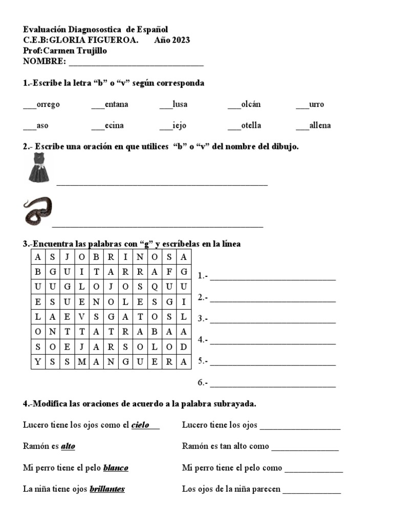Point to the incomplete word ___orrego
click(x=41, y=104)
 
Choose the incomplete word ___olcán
click(x=244, y=104)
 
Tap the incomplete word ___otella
click(x=244, y=125)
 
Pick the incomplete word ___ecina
click(x=107, y=125)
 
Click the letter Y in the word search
click(x=38, y=362)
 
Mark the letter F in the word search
click(x=169, y=271)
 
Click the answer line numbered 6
click(x=273, y=383)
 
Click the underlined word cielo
click(x=140, y=425)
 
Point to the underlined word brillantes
click(x=107, y=489)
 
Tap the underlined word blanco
click(x=116, y=468)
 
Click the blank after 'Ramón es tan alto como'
click(x=305, y=447)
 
